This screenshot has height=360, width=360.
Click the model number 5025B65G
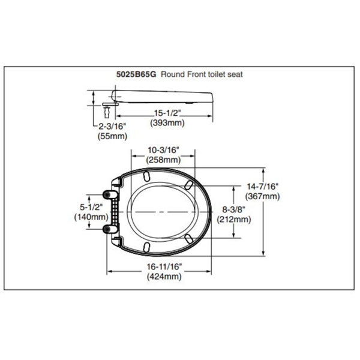pos(136,74)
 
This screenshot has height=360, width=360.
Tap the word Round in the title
pos(173,74)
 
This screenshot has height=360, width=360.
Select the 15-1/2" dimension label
pos(167,113)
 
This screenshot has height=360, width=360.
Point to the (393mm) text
pos(167,123)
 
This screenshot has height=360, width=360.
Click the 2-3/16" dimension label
pos(113,126)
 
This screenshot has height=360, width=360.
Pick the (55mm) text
pos(113,136)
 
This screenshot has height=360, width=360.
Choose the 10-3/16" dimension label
pos(163,150)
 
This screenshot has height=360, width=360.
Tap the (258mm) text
pos(163,160)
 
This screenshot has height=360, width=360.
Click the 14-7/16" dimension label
pos(262,187)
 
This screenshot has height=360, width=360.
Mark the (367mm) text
pos(262,196)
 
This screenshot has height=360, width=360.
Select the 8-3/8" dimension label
pos(234,209)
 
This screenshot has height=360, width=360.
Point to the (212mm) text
pos(234,219)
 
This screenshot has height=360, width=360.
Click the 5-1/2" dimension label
pos(91,207)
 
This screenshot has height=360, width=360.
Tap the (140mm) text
pos(91,217)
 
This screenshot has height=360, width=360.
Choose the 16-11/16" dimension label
pos(164,266)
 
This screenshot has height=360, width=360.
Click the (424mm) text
pos(164,276)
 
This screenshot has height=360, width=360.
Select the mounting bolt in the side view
pos(107,112)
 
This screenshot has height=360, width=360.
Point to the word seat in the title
pos(235,74)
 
